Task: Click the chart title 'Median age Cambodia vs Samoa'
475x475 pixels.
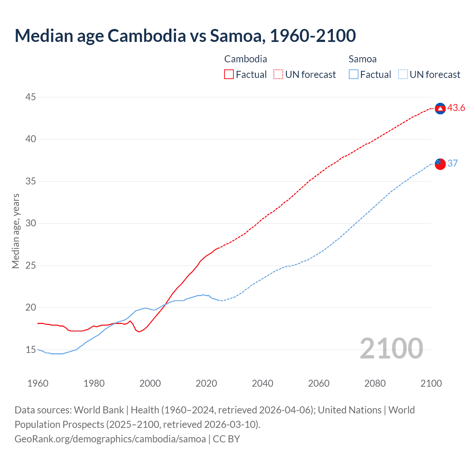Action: (x=185, y=36)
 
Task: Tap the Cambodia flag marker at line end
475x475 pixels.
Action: (x=440, y=108)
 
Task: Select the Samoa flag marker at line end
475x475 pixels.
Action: (x=440, y=164)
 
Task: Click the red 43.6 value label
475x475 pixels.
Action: (x=456, y=108)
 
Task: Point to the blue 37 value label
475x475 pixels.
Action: (x=452, y=164)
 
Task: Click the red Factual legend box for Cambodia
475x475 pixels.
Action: (x=229, y=75)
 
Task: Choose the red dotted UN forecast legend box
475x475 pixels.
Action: (x=278, y=75)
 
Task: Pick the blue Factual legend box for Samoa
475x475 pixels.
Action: (x=354, y=75)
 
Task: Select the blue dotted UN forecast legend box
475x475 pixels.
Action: (x=403, y=75)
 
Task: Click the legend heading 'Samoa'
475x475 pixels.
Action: (x=363, y=59)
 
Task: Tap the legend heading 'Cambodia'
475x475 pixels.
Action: (x=246, y=59)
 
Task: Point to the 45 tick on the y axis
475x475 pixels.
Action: (x=30, y=97)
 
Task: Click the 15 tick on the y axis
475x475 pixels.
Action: (x=30, y=350)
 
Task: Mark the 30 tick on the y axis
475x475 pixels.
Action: (x=30, y=223)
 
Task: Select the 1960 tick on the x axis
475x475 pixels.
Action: (x=38, y=383)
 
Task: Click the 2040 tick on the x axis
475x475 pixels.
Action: (x=262, y=383)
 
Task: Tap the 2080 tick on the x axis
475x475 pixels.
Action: (x=375, y=383)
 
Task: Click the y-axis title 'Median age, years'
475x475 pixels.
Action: (x=16, y=231)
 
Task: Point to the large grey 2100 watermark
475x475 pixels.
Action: (x=391, y=348)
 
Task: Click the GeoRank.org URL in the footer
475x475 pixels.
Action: (x=110, y=439)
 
